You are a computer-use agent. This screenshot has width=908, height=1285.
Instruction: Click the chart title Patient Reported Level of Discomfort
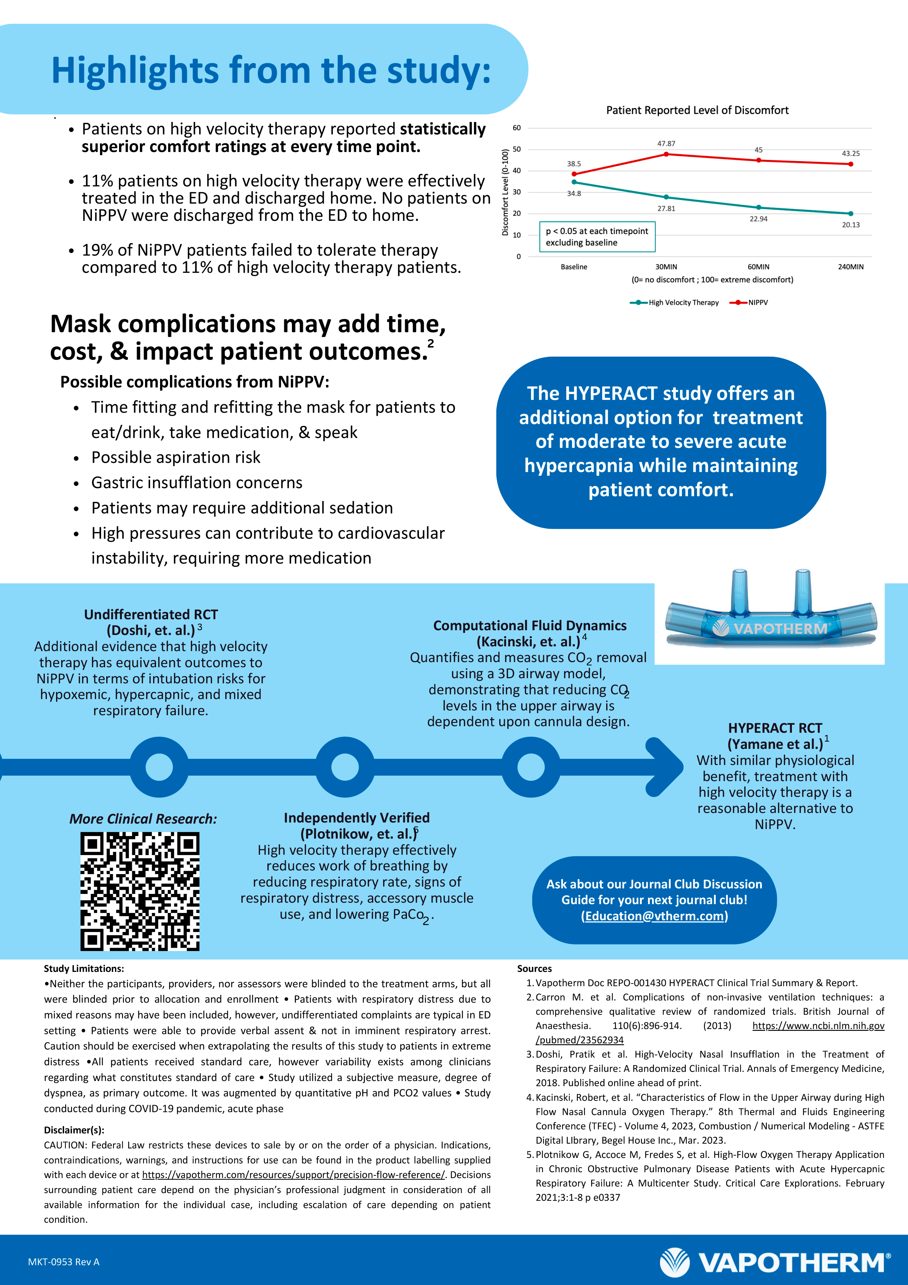click(697, 110)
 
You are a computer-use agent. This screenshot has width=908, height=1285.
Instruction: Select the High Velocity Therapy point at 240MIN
click(850, 213)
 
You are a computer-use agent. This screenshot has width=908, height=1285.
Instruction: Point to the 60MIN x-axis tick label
click(758, 267)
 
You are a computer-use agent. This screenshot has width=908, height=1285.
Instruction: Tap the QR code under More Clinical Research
click(140, 891)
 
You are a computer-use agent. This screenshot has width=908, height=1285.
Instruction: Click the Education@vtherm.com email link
click(654, 916)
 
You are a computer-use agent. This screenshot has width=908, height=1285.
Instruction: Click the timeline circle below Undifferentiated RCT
click(159, 767)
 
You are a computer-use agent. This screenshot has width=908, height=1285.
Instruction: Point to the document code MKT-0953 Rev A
click(64, 1262)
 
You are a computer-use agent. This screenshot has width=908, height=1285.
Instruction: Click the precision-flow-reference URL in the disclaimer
click(293, 1175)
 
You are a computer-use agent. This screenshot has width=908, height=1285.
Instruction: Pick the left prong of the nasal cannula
click(739, 590)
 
